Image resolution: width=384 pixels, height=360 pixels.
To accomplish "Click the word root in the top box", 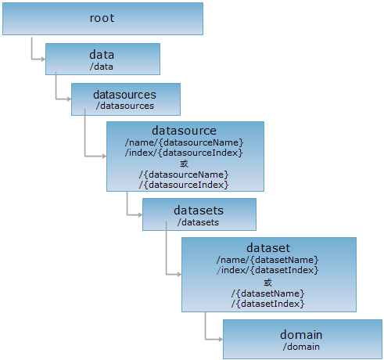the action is pyautogui.click(x=102, y=18).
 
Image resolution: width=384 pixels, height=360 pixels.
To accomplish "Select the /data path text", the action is pyautogui.click(x=102, y=67).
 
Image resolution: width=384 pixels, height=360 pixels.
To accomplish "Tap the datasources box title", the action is pyautogui.click(x=124, y=95).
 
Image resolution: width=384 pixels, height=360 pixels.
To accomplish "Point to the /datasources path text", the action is pyautogui.click(x=125, y=106).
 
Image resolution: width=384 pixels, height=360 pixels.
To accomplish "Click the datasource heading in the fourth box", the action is pyautogui.click(x=184, y=131).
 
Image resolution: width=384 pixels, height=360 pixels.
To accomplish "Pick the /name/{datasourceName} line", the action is pyautogui.click(x=184, y=142).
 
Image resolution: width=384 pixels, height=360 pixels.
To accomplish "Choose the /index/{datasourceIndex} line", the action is pyautogui.click(x=184, y=153).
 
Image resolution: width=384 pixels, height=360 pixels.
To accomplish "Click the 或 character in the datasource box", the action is pyautogui.click(x=184, y=164).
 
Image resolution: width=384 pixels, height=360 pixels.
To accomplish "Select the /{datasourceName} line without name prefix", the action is pyautogui.click(x=184, y=175).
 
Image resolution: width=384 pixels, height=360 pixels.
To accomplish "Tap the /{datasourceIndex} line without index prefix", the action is pyautogui.click(x=184, y=185).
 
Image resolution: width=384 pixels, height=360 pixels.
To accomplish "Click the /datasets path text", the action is pyautogui.click(x=198, y=222).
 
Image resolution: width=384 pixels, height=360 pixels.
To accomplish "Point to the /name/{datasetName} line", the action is pyautogui.click(x=267, y=260).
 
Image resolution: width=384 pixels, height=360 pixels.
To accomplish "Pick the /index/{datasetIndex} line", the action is pyautogui.click(x=267, y=270).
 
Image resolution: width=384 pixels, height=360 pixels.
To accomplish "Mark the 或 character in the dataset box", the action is pyautogui.click(x=267, y=283).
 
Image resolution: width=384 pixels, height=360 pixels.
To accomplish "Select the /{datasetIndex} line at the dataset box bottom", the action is pyautogui.click(x=267, y=304).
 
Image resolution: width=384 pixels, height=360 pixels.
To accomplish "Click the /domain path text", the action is pyautogui.click(x=301, y=347).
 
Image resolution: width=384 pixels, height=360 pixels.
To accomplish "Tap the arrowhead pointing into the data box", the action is pyautogui.click(x=43, y=59).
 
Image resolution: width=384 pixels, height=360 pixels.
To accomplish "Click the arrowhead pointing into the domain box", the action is pyautogui.click(x=221, y=340).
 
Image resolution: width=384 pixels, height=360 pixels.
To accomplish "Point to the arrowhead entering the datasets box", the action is pyautogui.click(x=140, y=215).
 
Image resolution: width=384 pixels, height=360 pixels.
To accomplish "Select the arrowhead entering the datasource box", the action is pyautogui.click(x=104, y=157).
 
